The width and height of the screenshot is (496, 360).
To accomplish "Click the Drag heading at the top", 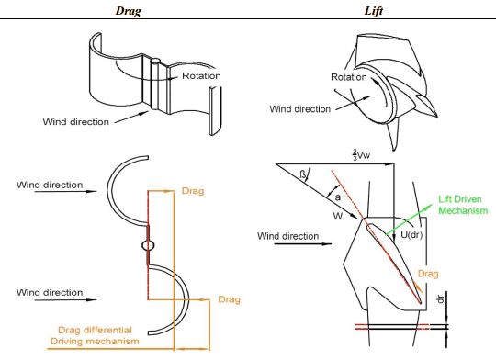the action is click(128, 10).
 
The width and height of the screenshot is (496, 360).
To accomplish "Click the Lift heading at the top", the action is click(374, 10).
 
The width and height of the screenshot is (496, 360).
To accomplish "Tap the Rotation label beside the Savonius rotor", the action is click(201, 76).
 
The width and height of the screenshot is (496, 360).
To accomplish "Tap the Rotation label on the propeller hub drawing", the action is click(349, 77).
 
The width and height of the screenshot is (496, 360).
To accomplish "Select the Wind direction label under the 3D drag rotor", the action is click(76, 122).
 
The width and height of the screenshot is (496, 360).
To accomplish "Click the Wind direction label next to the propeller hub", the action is click(299, 108).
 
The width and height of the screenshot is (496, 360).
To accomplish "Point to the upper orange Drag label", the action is click(193, 191).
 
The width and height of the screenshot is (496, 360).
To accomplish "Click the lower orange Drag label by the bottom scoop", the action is click(230, 299).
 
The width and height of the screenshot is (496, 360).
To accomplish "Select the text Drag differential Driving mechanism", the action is click(95, 335).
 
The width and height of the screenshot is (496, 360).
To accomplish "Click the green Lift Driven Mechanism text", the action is click(463, 205).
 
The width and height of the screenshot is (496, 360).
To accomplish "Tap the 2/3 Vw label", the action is click(362, 154).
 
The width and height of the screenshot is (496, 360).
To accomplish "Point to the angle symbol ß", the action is click(303, 174).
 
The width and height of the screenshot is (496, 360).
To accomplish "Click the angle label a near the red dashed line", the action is click(338, 197).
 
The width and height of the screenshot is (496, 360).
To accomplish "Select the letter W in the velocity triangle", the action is click(338, 217).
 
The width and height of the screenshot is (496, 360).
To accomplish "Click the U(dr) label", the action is click(411, 235).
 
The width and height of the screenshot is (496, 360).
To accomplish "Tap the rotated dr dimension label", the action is click(441, 298).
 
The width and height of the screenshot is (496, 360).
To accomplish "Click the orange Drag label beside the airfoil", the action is click(428, 274).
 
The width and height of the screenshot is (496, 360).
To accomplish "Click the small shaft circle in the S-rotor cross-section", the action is click(148, 245).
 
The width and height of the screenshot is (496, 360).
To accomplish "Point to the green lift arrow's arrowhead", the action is click(429, 207).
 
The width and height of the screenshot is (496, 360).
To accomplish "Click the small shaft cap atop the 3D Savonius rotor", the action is click(155, 60).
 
